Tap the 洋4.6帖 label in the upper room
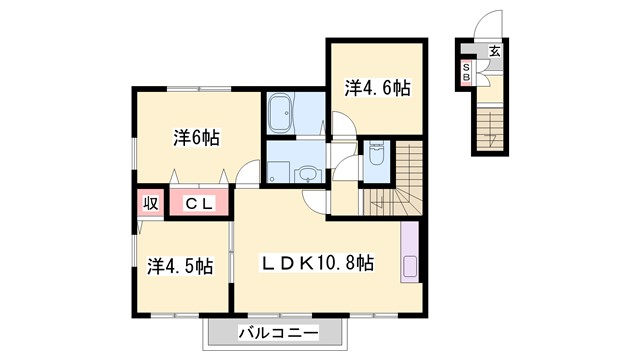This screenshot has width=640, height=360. [x=378, y=89]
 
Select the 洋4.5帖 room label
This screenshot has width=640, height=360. [x=180, y=266]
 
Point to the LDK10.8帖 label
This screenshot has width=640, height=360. [x=318, y=264]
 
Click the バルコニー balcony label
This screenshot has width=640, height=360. [x=278, y=332]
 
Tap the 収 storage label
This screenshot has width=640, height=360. [x=149, y=203]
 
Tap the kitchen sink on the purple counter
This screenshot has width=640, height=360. [x=409, y=266]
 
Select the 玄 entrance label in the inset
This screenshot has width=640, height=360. [x=494, y=52]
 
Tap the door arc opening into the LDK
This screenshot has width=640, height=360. [x=318, y=201]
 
